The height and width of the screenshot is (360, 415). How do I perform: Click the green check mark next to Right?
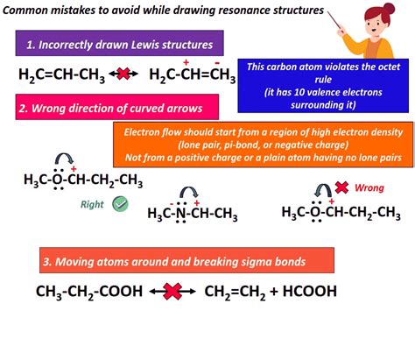[120, 204]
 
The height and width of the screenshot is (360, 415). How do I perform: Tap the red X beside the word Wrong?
[341, 187]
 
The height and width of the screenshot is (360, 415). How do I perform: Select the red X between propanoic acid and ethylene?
[172, 292]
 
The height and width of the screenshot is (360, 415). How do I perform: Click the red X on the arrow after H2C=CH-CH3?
[123, 74]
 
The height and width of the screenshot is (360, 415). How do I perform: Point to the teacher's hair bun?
[389, 9]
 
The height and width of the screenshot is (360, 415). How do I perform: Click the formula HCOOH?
[310, 291]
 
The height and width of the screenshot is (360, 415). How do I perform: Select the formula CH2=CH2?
[235, 292]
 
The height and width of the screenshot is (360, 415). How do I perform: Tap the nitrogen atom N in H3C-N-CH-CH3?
[181, 213]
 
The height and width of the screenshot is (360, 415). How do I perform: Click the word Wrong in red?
[369, 187]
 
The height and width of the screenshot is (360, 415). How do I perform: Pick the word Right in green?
[92, 204]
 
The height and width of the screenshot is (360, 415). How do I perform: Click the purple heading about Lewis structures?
[120, 43]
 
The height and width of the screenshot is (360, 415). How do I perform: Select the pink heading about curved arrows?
[117, 107]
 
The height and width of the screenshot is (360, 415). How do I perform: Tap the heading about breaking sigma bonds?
[186, 260]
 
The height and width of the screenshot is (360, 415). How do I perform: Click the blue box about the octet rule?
[323, 86]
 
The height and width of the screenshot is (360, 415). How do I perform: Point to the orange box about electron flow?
[264, 145]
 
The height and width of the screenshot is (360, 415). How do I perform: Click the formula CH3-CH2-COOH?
[89, 292]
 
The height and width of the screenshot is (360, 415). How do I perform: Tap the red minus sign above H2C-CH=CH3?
[217, 62]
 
